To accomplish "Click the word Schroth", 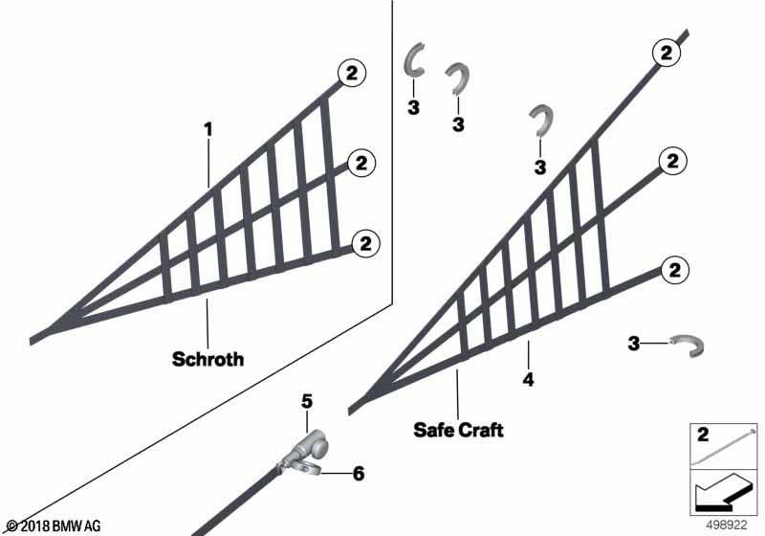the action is point(208,359).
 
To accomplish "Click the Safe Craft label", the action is point(458,430).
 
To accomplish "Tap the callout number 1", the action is point(208,130).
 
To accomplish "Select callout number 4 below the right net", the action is point(528,379).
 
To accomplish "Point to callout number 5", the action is point(306,402).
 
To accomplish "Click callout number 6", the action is point(359,474).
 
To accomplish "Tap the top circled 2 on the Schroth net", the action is point(351,74).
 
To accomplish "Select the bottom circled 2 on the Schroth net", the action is point(365,243).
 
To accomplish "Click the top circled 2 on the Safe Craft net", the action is point(666,53).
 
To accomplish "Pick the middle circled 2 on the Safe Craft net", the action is point(672,161).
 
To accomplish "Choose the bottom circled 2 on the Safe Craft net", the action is point(675,270).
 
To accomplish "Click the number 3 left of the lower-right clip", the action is point(633,344).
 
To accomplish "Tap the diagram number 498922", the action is point(727,525).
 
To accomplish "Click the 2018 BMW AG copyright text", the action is point(55,526).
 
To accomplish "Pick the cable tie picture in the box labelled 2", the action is point(724,447).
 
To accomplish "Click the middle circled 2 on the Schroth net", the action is point(361,163).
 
